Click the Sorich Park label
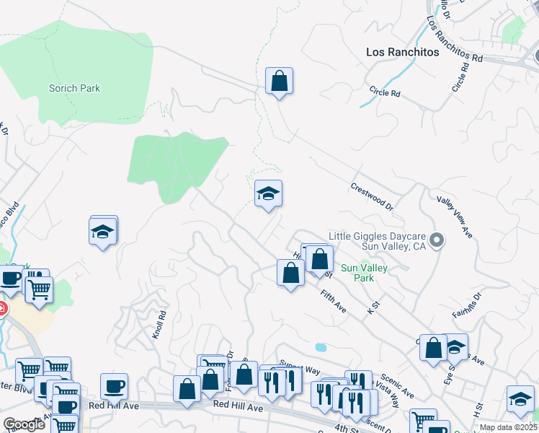coord(74,89)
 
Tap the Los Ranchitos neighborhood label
coord(403,52)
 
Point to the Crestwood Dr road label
coord(372,196)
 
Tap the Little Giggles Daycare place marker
coord(436,240)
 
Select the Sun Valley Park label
coord(365,273)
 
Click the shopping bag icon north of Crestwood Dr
coord(279,81)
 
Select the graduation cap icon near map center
coord(268,193)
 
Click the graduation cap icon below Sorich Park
coord(102,231)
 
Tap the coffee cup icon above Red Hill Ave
coord(114,386)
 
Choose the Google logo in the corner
coord(24,424)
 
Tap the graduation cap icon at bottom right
coord(520,398)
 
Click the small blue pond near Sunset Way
coord(320,347)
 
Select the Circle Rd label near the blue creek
coord(384,92)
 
